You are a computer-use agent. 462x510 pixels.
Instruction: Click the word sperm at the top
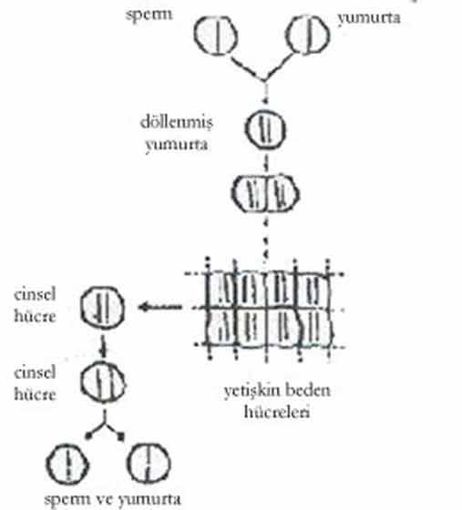(x=149, y=15)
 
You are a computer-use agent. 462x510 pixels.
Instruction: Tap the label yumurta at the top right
(x=369, y=18)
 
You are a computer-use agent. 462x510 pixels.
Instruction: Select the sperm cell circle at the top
(x=216, y=36)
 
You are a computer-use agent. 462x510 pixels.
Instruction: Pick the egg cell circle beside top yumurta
(x=307, y=36)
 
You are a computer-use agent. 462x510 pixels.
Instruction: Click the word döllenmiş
(x=177, y=123)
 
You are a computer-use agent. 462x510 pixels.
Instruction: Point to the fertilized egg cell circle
(x=265, y=129)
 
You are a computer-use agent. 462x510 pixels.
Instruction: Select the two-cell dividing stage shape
(x=265, y=194)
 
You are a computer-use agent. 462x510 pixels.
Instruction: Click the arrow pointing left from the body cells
(x=160, y=307)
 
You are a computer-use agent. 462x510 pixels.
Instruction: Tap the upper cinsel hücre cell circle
(x=102, y=307)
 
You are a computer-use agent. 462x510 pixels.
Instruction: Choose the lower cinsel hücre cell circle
(x=103, y=382)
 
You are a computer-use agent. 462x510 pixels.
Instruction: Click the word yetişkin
(x=249, y=391)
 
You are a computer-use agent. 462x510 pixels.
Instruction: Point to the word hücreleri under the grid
(x=277, y=412)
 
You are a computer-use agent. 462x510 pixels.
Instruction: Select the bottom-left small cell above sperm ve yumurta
(x=67, y=464)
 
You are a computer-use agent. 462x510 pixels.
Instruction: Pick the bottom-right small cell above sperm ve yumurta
(x=149, y=464)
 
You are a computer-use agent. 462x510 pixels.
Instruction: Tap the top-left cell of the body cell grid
(x=221, y=290)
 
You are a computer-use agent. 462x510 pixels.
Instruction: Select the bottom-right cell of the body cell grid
(x=315, y=327)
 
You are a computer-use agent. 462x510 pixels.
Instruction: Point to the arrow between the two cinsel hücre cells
(x=104, y=345)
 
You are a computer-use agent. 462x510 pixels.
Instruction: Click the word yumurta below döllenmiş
(x=177, y=145)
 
